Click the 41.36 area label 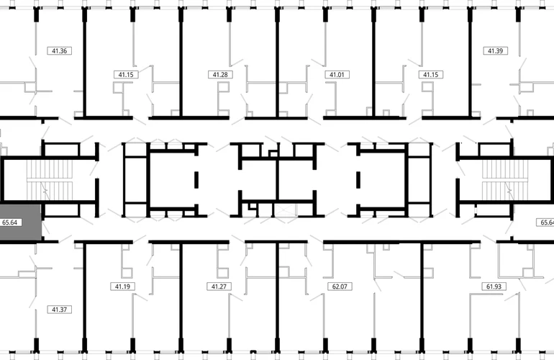click(59, 51)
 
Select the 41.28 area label click(220, 75)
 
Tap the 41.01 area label click(337, 75)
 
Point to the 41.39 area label click(495, 51)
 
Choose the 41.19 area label click(122, 287)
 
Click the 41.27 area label click(219, 287)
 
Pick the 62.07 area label click(340, 287)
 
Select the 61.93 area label click(494, 287)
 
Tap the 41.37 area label click(59, 310)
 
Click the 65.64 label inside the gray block click(10, 222)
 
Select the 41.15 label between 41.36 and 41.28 click(126, 75)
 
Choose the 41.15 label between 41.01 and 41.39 click(431, 75)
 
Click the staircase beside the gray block click(50, 180)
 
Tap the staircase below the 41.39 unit click(505, 180)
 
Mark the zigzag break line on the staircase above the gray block click(45, 191)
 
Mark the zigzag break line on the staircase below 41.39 click(509, 191)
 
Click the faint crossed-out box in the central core click(285, 210)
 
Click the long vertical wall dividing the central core click(277, 180)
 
